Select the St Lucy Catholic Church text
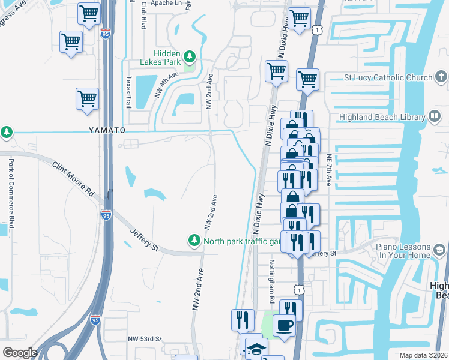coord(388,77)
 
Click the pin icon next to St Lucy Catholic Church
coord(441,77)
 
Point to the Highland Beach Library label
coord(382,118)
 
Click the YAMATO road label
coord(90,130)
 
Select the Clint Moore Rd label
coord(74,179)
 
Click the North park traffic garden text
coord(242,242)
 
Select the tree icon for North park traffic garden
coord(194,241)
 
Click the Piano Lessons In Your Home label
coord(403,251)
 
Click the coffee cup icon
coord(284,325)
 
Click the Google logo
coord(20,353)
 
